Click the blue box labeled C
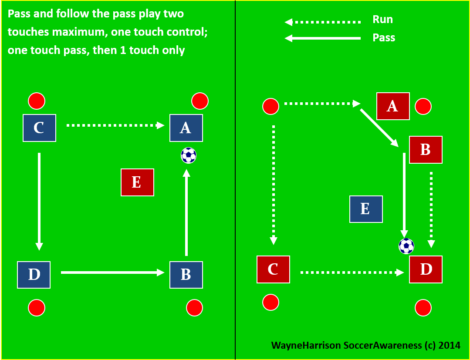click(x=39, y=128)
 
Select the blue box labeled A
click(x=186, y=128)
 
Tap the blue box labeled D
click(x=34, y=275)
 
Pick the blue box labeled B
click(x=186, y=275)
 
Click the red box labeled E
click(x=137, y=182)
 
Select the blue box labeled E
click(x=366, y=209)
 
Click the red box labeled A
click(x=393, y=106)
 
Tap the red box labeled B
click(x=426, y=150)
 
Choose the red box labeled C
click(x=273, y=269)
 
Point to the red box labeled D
click(x=426, y=269)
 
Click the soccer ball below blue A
click(x=189, y=155)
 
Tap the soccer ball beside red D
click(x=406, y=246)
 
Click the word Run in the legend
click(x=382, y=20)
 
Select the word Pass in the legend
click(x=384, y=38)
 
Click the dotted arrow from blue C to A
click(x=115, y=125)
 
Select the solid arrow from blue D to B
click(x=112, y=273)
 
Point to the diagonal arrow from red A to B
click(x=379, y=127)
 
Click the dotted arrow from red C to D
click(x=352, y=273)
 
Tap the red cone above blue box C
click(x=37, y=101)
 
